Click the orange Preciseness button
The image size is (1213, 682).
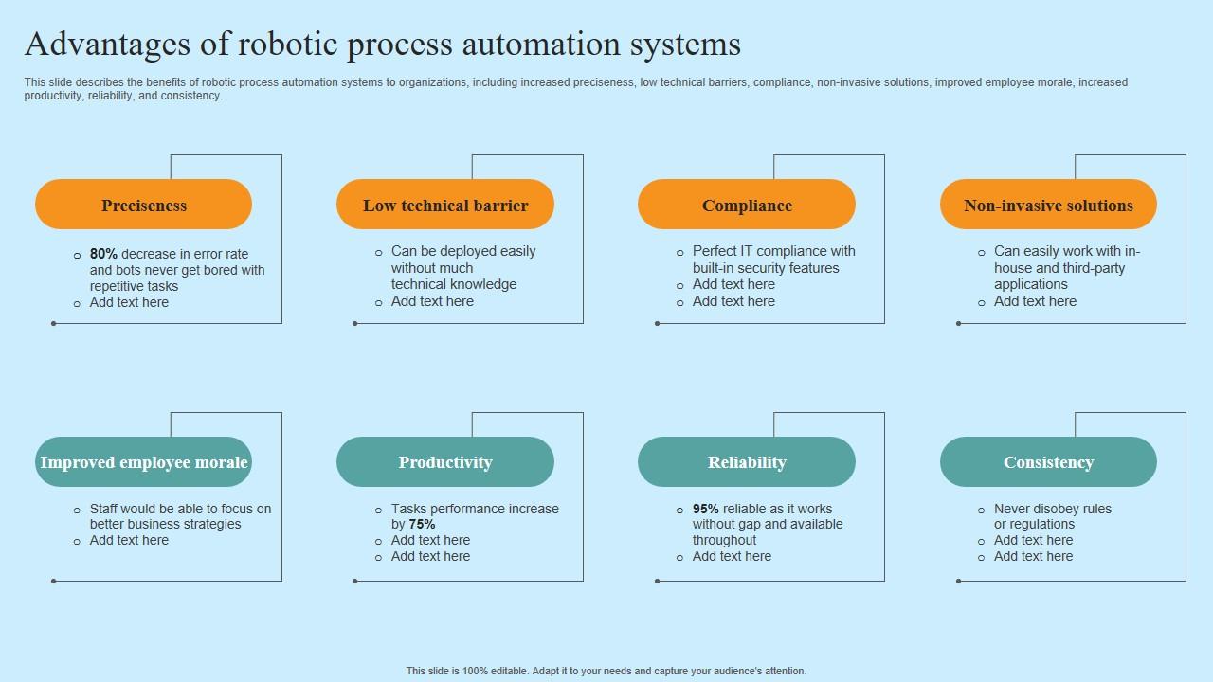tap(143, 205)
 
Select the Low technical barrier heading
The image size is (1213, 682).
tap(444, 205)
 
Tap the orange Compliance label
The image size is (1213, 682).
tap(747, 205)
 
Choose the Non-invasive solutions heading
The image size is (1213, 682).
tap(1048, 205)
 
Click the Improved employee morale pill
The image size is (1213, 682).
tap(143, 462)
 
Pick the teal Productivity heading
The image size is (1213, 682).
tap(444, 462)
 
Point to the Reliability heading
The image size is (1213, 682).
tap(747, 462)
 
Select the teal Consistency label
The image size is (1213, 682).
tap(1048, 462)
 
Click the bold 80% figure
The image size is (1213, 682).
tap(103, 254)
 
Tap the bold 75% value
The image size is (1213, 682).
tap(422, 524)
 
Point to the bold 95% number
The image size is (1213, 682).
tap(706, 509)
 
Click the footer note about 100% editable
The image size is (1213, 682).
tap(606, 671)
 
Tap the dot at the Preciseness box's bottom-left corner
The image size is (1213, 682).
tap(53, 323)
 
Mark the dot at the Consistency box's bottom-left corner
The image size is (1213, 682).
tap(958, 581)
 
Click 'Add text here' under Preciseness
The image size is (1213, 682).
tap(129, 302)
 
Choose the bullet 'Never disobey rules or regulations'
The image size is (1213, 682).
tap(1052, 516)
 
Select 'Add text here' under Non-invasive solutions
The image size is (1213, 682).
tap(1035, 301)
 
